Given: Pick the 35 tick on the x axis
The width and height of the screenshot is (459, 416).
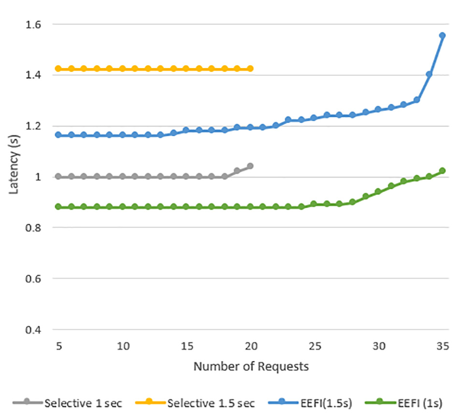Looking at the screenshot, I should [442, 346].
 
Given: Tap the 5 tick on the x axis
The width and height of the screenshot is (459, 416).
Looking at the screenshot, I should [58, 346].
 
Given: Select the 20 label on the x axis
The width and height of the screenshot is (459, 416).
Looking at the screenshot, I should [250, 346].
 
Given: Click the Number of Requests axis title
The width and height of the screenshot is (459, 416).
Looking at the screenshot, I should [251, 367].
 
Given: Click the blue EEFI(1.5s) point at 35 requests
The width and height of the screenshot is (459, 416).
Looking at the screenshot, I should [442, 36].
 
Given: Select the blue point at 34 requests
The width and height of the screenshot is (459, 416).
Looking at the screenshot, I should [429, 74].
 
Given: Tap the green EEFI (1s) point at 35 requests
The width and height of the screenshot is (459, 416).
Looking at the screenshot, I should [442, 171].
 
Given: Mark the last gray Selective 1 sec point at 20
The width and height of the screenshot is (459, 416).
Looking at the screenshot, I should [250, 166].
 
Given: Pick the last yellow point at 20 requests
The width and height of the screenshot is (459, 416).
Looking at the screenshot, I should [250, 69].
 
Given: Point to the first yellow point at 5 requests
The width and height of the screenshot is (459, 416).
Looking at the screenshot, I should [58, 69].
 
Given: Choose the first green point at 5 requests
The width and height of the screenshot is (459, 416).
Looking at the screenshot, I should [58, 207].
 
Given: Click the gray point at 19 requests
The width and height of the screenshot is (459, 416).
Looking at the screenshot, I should [237, 171].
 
